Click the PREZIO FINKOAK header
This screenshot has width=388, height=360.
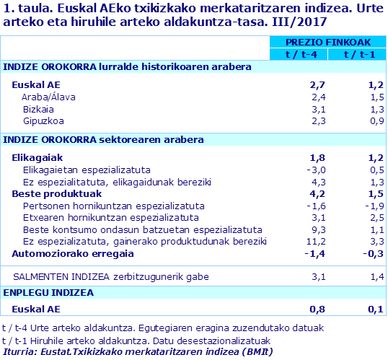[x=326, y=43]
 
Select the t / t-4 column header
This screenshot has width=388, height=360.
[x=296, y=54]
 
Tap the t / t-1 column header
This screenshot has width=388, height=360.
[x=356, y=54]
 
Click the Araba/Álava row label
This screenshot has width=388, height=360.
[x=49, y=97]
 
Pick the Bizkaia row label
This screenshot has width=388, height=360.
[x=39, y=109]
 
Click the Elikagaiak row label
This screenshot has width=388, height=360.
[x=38, y=157]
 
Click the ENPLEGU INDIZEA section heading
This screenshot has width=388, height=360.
[x=48, y=292]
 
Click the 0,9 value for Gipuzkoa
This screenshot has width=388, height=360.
[x=367, y=121]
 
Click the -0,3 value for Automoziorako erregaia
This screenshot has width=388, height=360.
[x=364, y=254]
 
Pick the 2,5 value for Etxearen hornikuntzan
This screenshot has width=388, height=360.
[x=367, y=217]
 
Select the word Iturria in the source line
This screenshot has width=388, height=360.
[x=19, y=351]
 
